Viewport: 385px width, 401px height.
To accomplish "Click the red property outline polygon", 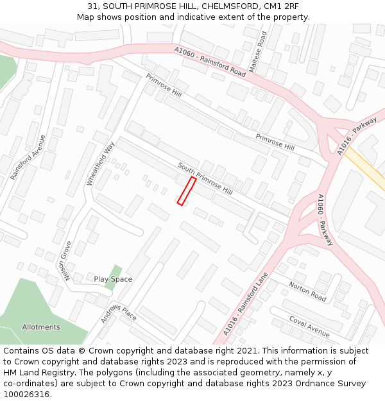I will pos(187,191).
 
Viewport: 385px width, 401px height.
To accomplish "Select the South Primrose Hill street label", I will pos(205,178).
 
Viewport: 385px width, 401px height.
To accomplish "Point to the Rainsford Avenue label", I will pos(29,157).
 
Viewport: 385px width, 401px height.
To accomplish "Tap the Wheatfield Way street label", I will pos(101,164).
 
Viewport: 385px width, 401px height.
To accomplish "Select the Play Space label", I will pos(113,279).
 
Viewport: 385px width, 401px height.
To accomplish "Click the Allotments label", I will pos(41,327).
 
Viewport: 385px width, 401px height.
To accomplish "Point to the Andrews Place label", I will pos(119,312).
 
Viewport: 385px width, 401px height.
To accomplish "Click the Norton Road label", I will pos(307,291).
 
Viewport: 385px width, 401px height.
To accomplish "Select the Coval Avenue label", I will pos(309,327).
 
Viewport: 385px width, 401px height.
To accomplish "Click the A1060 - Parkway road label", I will pos(325,220).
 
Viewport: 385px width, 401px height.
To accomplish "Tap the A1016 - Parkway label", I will pos(357,136).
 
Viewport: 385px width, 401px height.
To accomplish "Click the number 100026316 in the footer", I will pos(26,394).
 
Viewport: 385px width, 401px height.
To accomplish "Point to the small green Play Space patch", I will pos(115,272).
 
